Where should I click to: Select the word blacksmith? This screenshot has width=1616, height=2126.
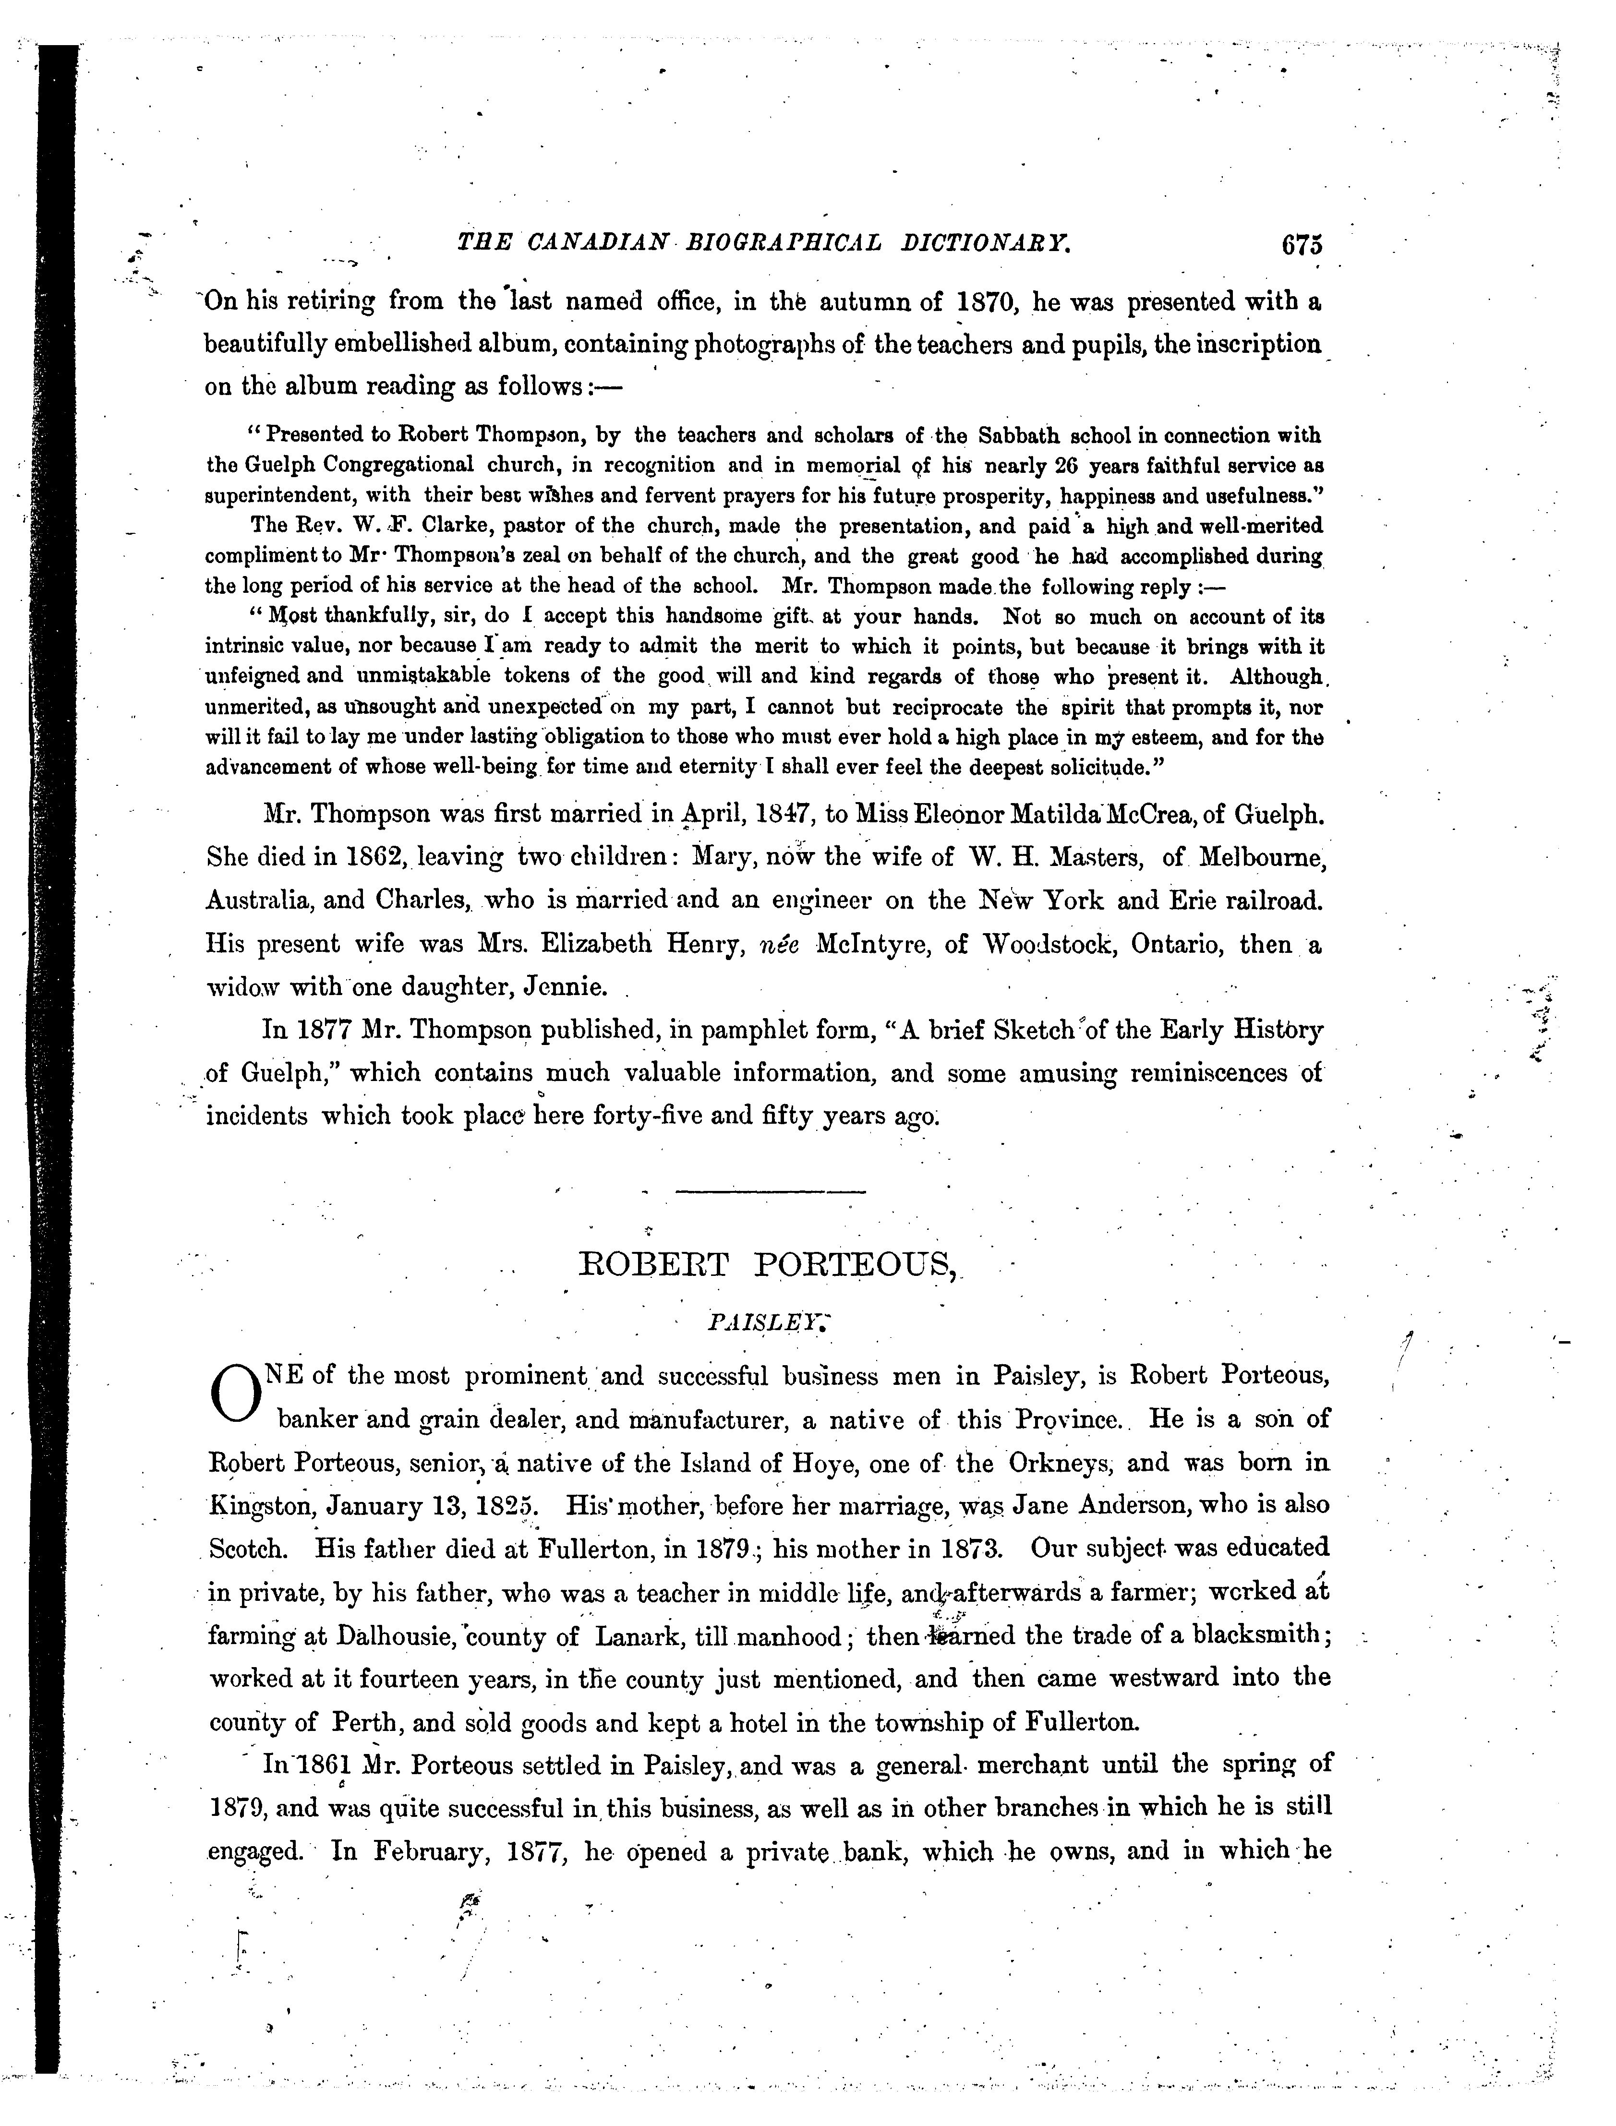click(x=1257, y=1635)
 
